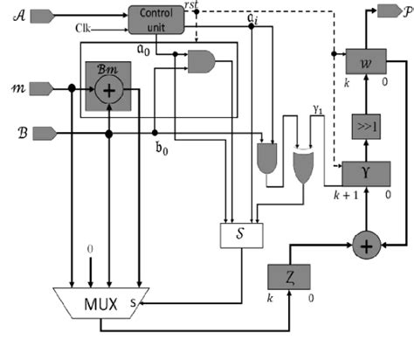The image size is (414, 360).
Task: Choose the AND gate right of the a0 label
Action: click(203, 60)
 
